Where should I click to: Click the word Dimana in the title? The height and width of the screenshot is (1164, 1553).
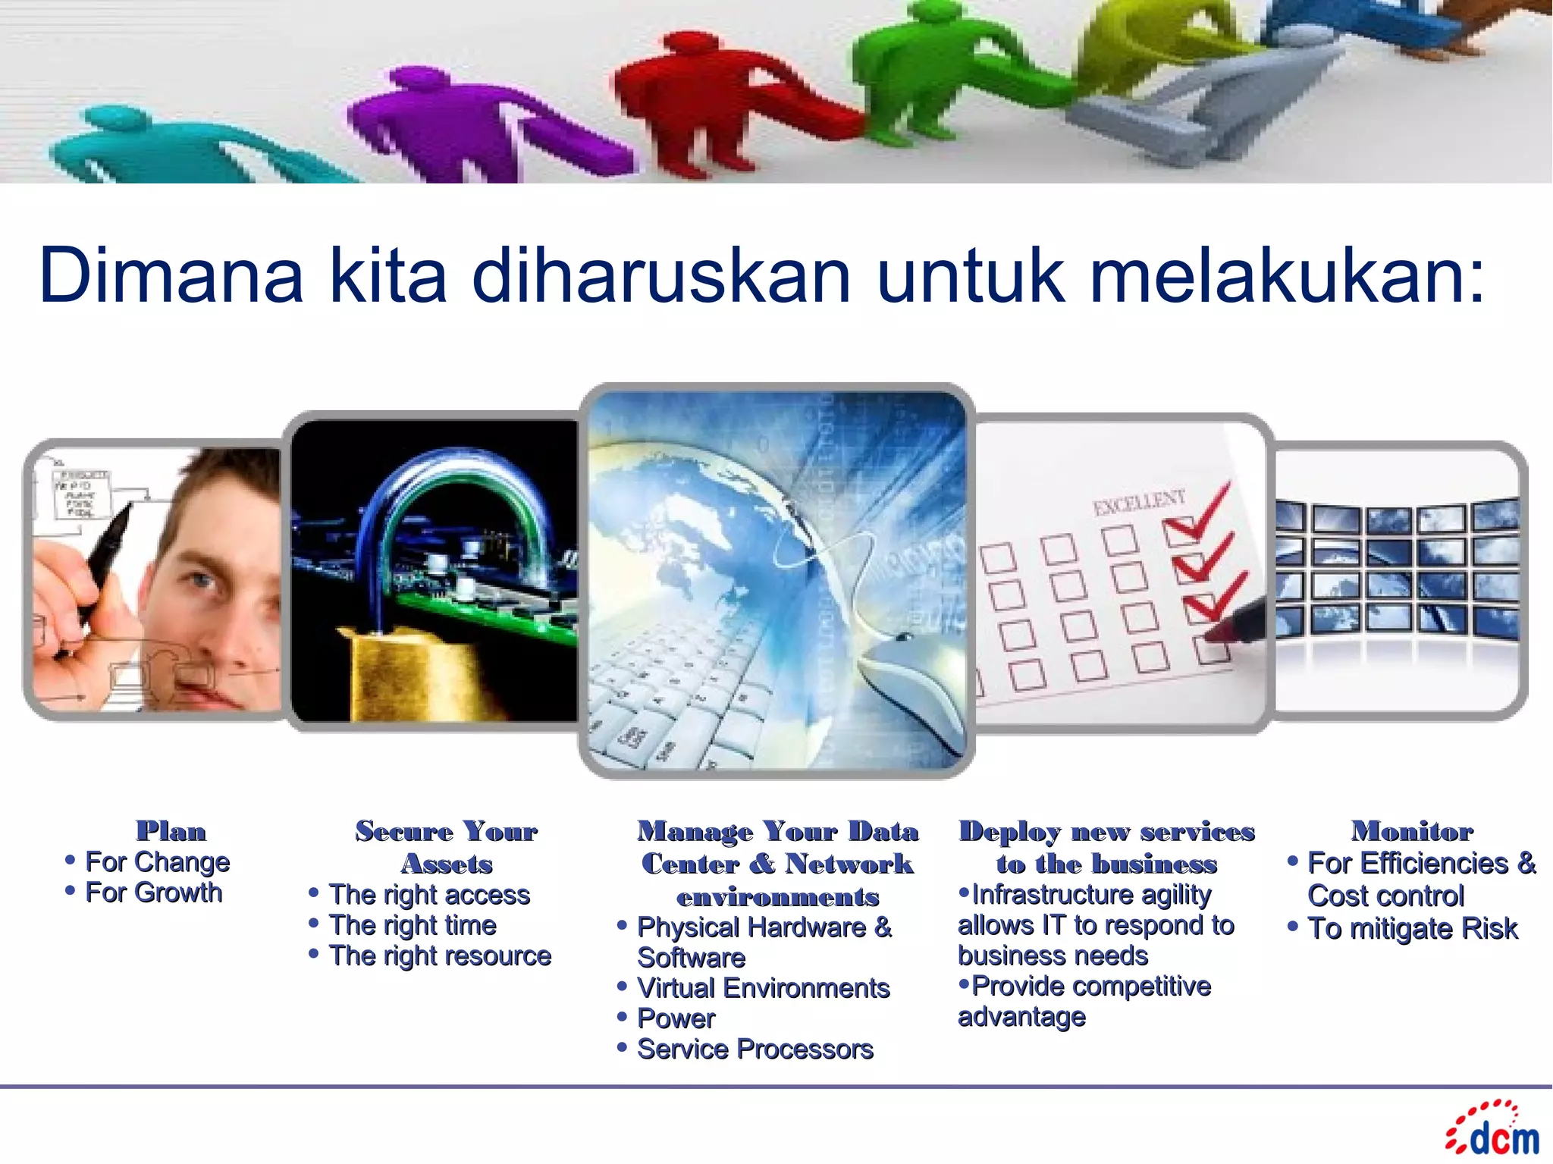coord(171,275)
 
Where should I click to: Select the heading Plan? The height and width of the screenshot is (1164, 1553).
coord(171,831)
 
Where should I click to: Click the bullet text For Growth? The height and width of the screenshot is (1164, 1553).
coord(153,893)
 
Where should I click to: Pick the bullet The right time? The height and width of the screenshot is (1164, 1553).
coord(413,925)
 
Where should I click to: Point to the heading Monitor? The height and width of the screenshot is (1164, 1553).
coord(1412,831)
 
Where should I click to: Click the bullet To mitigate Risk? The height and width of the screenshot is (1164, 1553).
coord(1412,928)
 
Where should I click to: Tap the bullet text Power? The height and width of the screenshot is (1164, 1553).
coord(676,1018)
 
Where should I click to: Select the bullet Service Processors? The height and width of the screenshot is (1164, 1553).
coord(755,1049)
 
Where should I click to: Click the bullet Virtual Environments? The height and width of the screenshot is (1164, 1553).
coord(763,988)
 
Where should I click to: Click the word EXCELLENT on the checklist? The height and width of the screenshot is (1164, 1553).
coord(1138,502)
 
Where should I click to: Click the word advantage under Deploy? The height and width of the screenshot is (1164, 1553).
coord(1021,1016)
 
